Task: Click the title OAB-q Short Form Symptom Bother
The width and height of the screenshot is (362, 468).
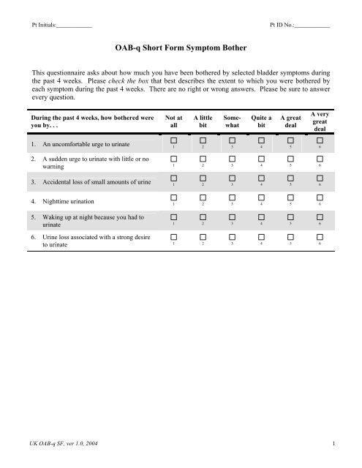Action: [181, 48]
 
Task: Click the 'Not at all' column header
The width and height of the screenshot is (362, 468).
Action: [174, 121]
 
